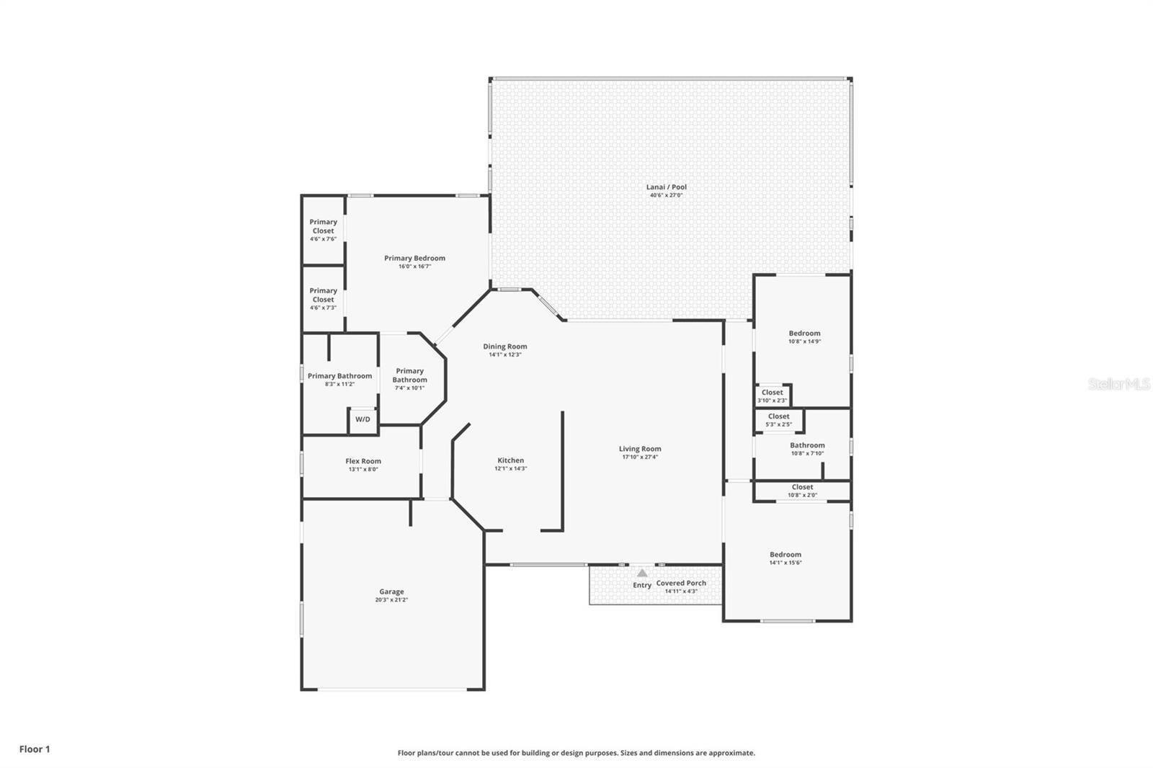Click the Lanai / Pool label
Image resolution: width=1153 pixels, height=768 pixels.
666,187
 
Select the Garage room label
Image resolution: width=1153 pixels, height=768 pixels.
391,591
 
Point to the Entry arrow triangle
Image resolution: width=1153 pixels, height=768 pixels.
642,573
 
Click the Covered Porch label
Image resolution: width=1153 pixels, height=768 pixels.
681,584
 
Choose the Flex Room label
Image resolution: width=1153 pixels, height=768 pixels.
363,461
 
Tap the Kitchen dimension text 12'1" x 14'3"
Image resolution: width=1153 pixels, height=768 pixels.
511,468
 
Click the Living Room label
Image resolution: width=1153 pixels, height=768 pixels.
640,449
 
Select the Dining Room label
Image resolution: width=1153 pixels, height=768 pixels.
504,347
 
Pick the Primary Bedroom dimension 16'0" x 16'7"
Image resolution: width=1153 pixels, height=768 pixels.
414,266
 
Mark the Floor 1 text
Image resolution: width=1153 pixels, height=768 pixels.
35,749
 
